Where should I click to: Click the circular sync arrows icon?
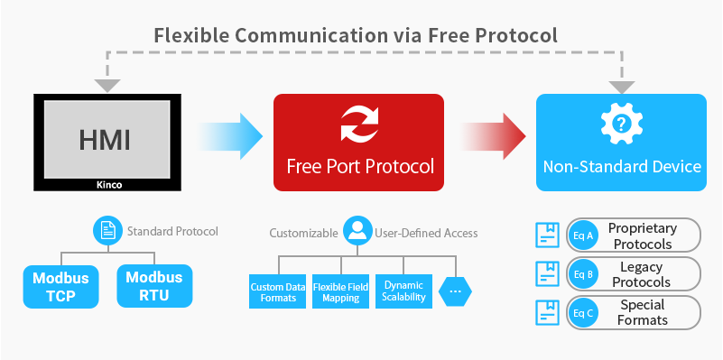(359, 125)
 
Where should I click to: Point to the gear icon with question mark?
(620, 125)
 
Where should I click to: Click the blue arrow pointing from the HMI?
(231, 137)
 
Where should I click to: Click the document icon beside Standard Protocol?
(107, 231)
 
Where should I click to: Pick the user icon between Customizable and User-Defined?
(358, 232)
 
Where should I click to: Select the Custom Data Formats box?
(278, 291)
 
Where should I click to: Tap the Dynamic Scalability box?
(403, 291)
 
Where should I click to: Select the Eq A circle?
(582, 235)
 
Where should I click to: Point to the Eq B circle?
(582, 274)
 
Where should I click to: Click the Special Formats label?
(643, 312)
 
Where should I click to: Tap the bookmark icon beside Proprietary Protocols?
(548, 235)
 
